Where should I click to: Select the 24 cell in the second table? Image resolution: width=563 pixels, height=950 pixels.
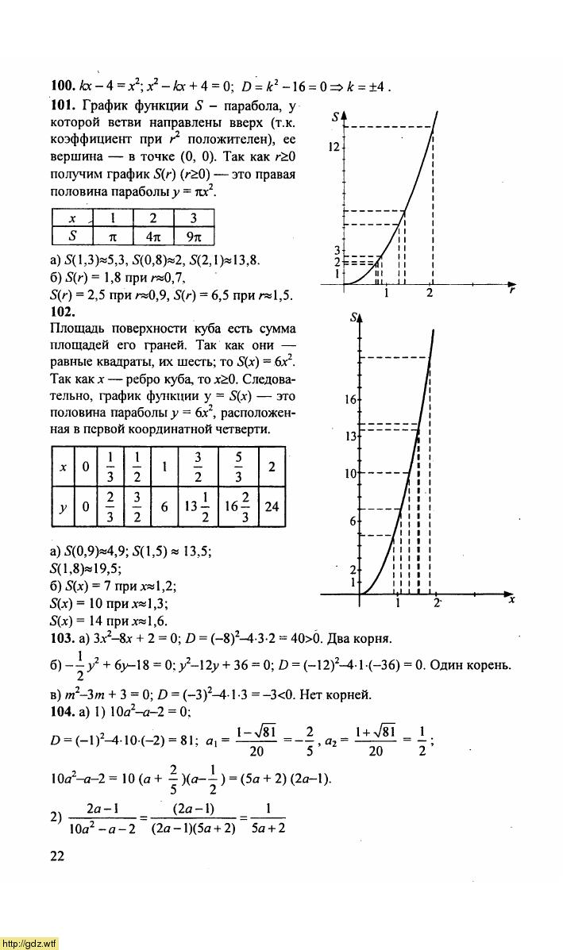pyautogui.click(x=272, y=506)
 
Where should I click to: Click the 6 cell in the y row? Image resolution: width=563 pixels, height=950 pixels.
pyautogui.click(x=164, y=506)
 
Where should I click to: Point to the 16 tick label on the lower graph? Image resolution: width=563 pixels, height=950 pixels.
pyautogui.click(x=351, y=400)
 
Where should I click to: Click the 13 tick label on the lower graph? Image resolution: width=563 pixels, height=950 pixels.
pyautogui.click(x=351, y=437)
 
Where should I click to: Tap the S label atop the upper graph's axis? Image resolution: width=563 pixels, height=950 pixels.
pyautogui.click(x=337, y=117)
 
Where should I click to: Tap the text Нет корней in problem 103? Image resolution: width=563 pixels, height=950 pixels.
pyautogui.click(x=336, y=694)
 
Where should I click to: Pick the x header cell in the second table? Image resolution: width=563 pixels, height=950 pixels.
pyautogui.click(x=63, y=467)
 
